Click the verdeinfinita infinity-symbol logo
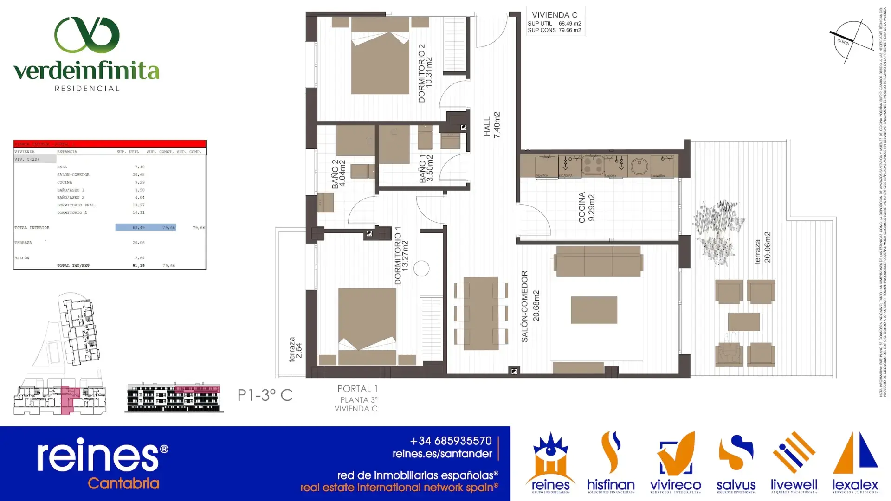(x=87, y=35)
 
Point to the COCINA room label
(x=586, y=208)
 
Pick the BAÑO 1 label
(x=426, y=168)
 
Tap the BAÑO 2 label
(x=338, y=174)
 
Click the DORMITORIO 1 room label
(x=401, y=256)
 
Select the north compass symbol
(x=852, y=41)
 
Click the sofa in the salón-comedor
(x=599, y=261)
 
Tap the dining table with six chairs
(x=481, y=313)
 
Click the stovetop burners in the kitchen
(x=593, y=164)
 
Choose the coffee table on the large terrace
(x=743, y=321)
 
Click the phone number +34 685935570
(x=451, y=441)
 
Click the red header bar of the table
(x=110, y=144)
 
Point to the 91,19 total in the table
(x=138, y=266)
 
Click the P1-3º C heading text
(x=265, y=395)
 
